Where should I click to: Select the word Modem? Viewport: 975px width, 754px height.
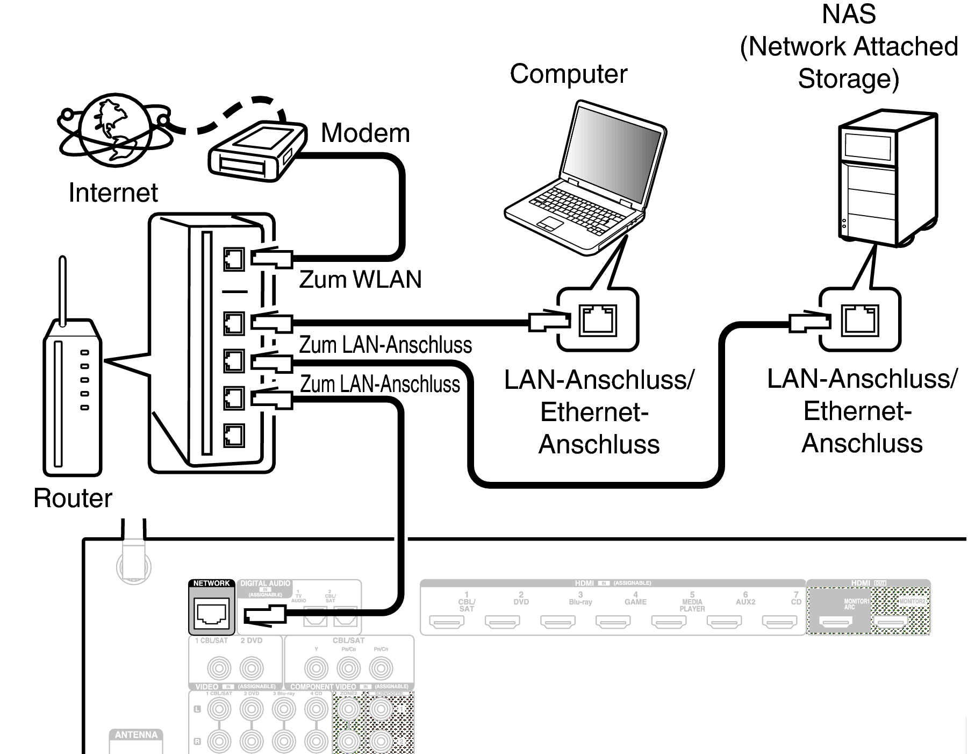click(x=365, y=133)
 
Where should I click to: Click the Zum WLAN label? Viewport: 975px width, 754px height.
click(x=360, y=280)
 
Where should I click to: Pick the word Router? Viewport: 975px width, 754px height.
click(x=73, y=498)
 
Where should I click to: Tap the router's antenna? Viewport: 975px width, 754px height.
click(x=62, y=290)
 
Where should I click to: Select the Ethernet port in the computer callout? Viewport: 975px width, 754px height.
click(x=597, y=320)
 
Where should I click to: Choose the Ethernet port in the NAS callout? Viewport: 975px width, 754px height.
click(x=859, y=319)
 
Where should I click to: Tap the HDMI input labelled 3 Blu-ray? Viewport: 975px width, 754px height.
click(x=557, y=622)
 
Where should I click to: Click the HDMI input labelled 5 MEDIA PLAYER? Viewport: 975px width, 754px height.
click(x=669, y=622)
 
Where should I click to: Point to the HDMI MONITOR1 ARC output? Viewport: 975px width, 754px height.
click(x=835, y=622)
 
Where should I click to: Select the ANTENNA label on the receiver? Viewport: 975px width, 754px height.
click(x=136, y=735)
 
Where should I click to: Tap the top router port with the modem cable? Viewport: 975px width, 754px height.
click(x=234, y=259)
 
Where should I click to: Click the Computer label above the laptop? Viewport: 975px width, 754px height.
click(x=568, y=74)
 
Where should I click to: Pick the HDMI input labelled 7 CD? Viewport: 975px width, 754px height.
click(x=779, y=622)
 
